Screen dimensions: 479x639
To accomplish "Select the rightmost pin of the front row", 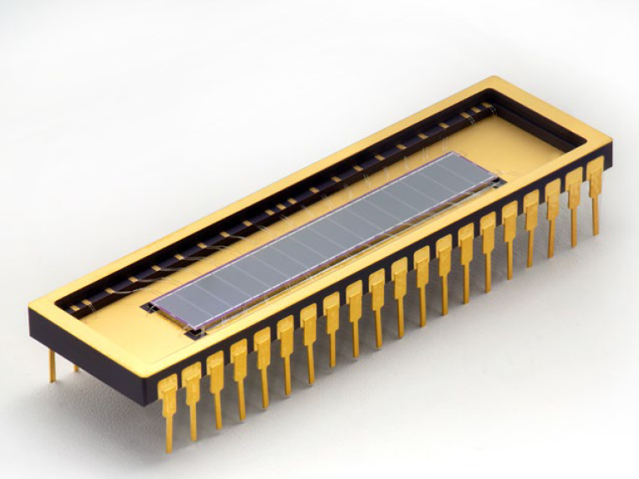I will pos(595,180).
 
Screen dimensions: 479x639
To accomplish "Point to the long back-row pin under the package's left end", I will pos(52,364).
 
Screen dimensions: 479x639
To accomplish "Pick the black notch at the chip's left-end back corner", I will pos(150,307).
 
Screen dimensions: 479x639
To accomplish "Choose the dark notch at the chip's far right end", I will pos(500,177).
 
